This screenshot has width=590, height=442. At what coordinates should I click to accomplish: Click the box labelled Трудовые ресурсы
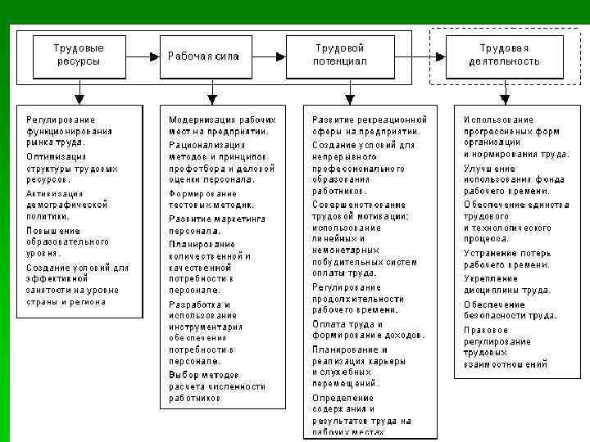point(79,55)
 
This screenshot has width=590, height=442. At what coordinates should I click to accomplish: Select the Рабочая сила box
point(205,56)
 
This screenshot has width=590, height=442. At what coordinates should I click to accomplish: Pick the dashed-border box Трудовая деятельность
point(503,55)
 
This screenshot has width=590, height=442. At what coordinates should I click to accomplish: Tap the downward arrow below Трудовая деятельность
point(506,94)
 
